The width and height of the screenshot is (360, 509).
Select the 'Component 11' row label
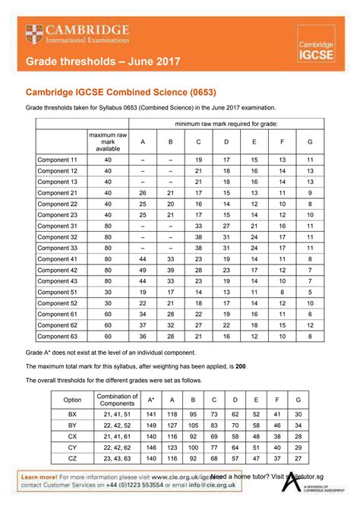coord(58,160)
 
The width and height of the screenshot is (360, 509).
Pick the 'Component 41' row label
coord(58,259)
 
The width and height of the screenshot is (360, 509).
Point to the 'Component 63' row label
coord(58,336)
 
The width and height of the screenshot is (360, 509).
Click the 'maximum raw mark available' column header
coord(108,141)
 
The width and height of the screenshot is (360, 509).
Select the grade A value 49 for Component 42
coord(143,270)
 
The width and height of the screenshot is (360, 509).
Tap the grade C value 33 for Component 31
coord(198,226)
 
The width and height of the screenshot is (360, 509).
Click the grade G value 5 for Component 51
coord(309,292)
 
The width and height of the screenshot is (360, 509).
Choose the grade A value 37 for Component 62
coord(143,325)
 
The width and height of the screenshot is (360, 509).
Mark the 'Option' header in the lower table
coord(73,400)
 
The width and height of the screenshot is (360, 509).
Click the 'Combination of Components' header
coord(117,400)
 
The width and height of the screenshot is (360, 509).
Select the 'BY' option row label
coord(73,426)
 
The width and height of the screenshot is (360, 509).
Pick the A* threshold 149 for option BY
coord(150,426)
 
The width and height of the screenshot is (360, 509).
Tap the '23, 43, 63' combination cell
coord(117,460)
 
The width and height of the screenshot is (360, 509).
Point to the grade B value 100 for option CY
coord(193,448)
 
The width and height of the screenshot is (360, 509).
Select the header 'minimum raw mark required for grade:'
coord(226,123)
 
